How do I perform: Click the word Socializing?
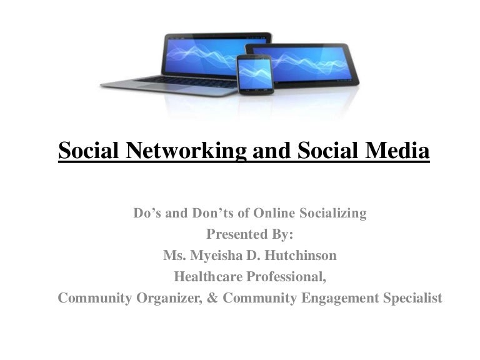[x=334, y=214]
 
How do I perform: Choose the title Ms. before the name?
[x=173, y=256]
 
